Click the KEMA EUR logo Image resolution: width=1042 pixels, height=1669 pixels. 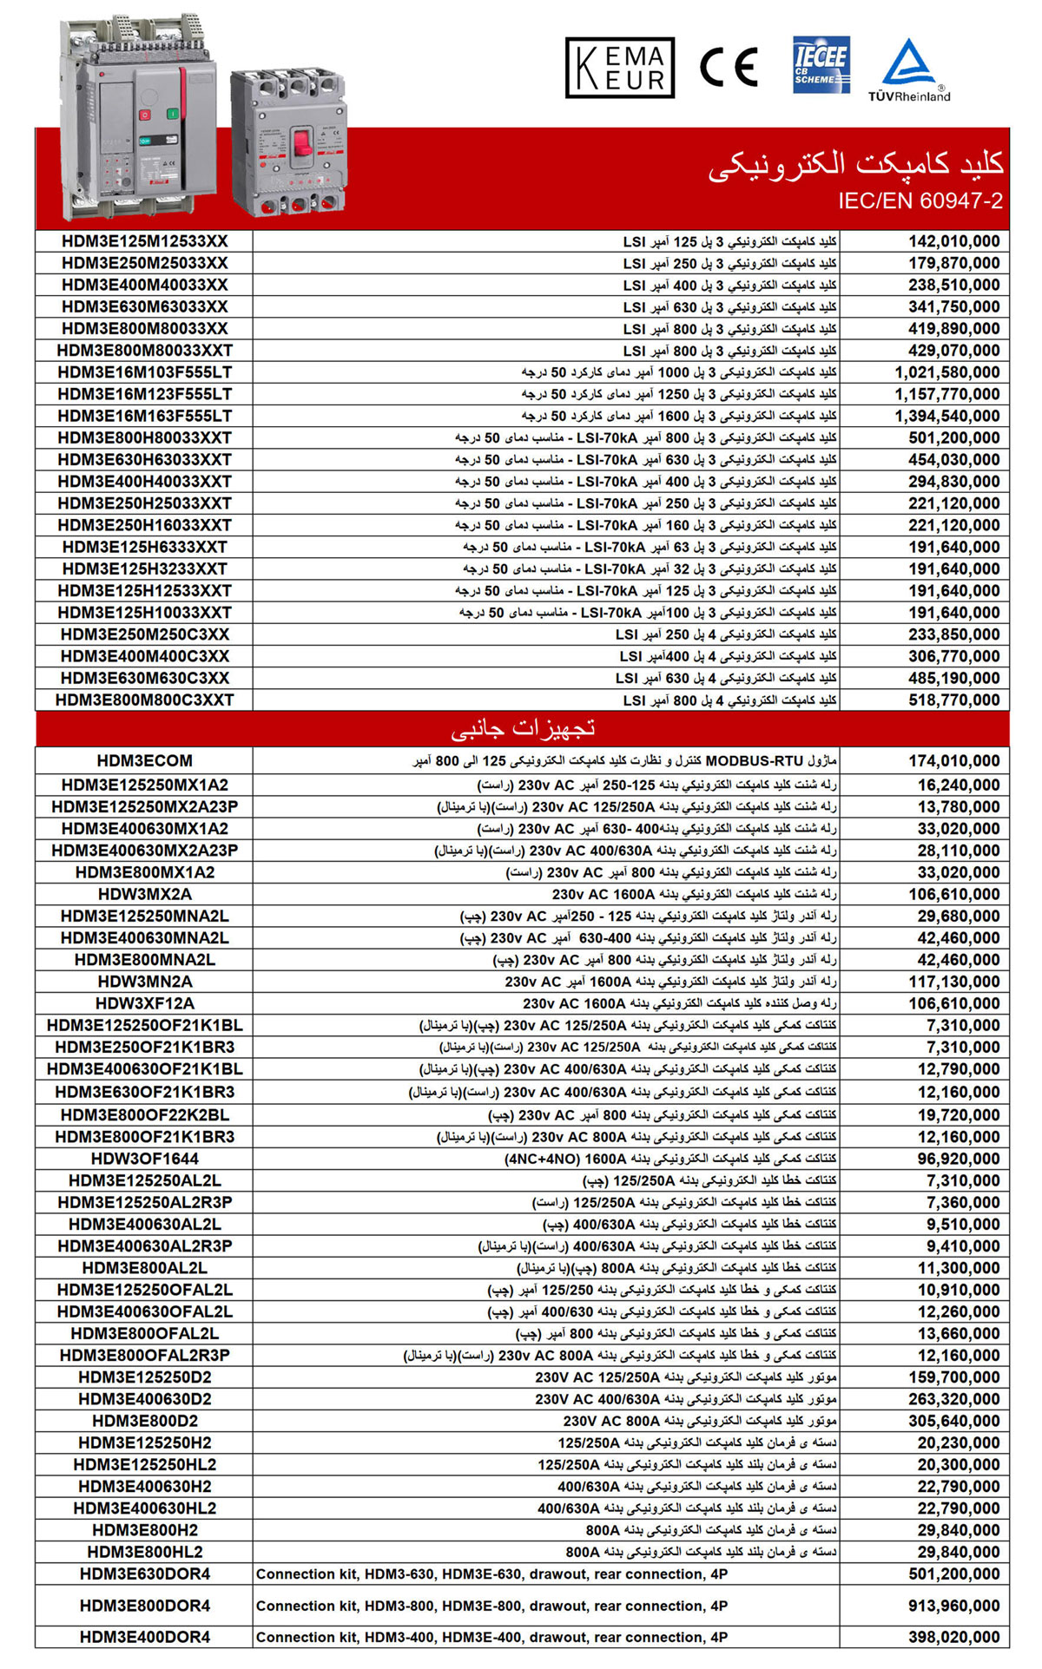coord(619,67)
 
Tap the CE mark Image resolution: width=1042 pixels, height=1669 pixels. coord(729,67)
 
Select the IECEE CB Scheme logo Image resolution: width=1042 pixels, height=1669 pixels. coord(821,64)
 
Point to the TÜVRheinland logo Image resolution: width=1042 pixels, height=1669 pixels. coord(909,70)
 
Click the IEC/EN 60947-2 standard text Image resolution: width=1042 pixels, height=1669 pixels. coord(920,201)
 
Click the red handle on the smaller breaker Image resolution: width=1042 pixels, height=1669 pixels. coord(302,141)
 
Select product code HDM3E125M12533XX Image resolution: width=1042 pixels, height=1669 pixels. coord(144,241)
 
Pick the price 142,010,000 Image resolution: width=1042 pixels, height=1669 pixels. coord(953,241)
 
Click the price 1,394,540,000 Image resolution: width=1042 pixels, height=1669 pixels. coord(946,417)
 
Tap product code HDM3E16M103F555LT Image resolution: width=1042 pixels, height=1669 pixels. coord(144,372)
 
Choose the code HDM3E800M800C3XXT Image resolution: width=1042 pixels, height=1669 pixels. coord(144,700)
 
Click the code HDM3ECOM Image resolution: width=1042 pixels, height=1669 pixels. coord(144,761)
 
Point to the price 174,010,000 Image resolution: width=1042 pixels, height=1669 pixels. coord(953,761)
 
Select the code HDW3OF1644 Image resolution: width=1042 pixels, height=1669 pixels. coord(144,1159)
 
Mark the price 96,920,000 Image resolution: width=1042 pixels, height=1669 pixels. coord(958,1159)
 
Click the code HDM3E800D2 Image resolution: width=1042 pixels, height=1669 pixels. coord(144,1421)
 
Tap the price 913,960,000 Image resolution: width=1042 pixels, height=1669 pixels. coord(953,1606)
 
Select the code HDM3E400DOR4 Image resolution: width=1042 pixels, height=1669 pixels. coord(144,1637)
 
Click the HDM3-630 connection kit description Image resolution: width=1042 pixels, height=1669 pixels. coord(491,1574)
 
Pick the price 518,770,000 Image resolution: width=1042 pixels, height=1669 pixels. coord(953,700)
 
